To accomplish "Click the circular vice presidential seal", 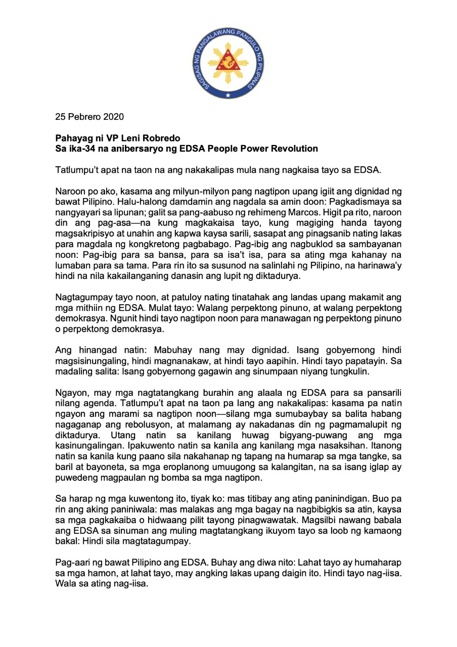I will tap(228, 63).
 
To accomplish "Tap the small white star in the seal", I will tap(228, 95).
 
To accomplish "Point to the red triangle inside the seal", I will tap(228, 63).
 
